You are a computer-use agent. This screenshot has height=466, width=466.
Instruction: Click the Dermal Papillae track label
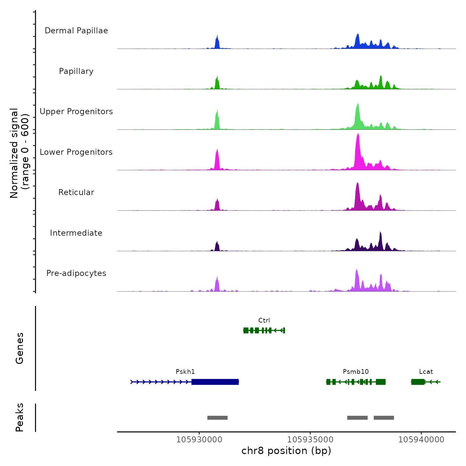click(76, 31)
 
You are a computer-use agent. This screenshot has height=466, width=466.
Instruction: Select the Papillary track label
click(76, 71)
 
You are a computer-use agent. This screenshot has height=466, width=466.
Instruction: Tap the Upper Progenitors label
click(76, 112)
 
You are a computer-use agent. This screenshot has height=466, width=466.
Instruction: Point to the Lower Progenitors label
click(76, 152)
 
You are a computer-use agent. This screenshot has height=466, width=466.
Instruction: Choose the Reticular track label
click(76, 192)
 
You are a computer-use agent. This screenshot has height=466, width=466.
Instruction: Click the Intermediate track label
click(76, 233)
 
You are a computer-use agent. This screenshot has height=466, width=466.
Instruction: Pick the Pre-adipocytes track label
click(76, 273)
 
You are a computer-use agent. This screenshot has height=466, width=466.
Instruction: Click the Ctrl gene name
click(264, 320)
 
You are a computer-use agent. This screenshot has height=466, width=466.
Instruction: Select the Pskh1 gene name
click(185, 371)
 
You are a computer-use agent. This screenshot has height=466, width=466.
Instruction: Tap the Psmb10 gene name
click(355, 371)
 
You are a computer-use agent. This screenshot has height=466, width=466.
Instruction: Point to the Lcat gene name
click(426, 371)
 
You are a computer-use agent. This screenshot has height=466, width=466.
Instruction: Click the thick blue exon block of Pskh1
click(215, 382)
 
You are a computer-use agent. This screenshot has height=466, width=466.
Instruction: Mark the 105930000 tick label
click(199, 439)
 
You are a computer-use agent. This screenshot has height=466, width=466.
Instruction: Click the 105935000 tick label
click(310, 439)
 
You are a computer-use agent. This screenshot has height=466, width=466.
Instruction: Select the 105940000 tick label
click(421, 439)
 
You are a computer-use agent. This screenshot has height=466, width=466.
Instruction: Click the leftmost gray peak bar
click(217, 418)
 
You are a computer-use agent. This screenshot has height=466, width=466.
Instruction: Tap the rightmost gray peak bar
click(384, 418)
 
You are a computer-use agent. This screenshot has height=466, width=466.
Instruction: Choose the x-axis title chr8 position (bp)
click(286, 451)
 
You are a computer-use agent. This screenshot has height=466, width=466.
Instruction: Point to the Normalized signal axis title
click(19, 153)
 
